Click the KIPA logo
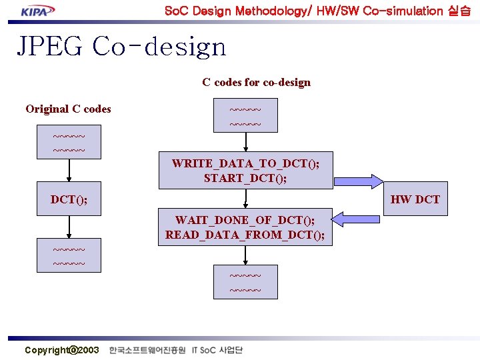pyautogui.click(x=38, y=11)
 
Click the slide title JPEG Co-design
pyautogui.click(x=121, y=46)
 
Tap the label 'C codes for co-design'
pyautogui.click(x=256, y=83)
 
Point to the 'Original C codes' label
pyautogui.click(x=68, y=109)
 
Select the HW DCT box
pyautogui.click(x=415, y=199)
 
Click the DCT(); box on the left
pyautogui.click(x=69, y=199)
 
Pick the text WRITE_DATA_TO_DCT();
pyautogui.click(x=245, y=163)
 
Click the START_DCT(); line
pyautogui.click(x=245, y=178)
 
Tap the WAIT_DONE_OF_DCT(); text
pyautogui.click(x=245, y=220)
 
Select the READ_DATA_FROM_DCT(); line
pyautogui.click(x=245, y=235)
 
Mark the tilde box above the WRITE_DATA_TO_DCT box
pyautogui.click(x=245, y=117)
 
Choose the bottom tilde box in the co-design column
pyautogui.click(x=245, y=282)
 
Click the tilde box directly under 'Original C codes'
pyautogui.click(x=69, y=144)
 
